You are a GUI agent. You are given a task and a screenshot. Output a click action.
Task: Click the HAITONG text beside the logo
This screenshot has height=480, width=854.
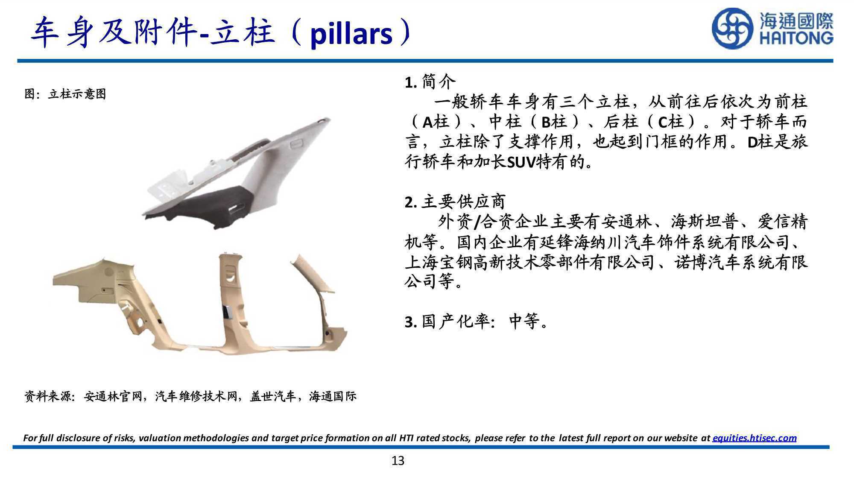(x=796, y=38)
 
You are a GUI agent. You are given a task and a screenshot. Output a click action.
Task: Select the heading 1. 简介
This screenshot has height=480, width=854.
(x=430, y=82)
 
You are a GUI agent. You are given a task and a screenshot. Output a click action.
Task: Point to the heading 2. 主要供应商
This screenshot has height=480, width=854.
(x=455, y=202)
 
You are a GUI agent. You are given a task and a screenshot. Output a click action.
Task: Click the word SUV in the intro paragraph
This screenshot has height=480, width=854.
(x=522, y=162)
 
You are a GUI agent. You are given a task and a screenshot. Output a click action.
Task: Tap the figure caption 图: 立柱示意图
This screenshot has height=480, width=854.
(x=65, y=94)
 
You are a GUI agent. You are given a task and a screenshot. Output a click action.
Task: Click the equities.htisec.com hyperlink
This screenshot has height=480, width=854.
(x=755, y=438)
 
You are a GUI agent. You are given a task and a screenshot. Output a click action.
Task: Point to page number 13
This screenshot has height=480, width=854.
(x=398, y=461)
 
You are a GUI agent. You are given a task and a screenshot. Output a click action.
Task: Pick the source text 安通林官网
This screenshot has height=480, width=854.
(x=113, y=397)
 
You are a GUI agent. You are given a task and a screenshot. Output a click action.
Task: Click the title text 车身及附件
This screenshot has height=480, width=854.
(x=114, y=33)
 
